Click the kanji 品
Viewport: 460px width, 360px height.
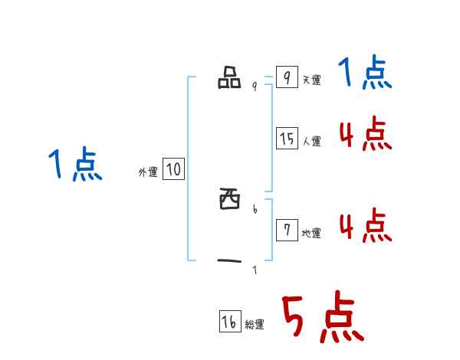coord(229,78)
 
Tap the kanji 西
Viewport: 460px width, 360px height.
coord(229,201)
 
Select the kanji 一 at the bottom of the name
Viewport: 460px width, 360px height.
coord(229,262)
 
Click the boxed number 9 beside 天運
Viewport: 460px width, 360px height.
coord(286,77)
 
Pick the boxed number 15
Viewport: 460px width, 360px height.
coord(287,139)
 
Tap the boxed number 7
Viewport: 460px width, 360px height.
coord(286,231)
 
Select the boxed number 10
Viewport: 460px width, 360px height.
coord(173,169)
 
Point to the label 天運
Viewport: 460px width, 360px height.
coord(311,80)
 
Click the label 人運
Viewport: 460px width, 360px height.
coord(311,142)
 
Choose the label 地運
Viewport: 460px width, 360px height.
coord(311,234)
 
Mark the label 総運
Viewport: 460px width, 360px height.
coord(255,326)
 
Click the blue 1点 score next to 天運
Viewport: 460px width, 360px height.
coord(365,74)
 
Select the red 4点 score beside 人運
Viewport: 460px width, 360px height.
coord(365,136)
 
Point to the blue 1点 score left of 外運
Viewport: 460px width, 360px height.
coord(75,165)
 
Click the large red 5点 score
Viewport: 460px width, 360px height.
coord(322,319)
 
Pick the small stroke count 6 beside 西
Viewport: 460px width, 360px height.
coord(255,208)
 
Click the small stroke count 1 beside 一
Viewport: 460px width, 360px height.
coord(255,270)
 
